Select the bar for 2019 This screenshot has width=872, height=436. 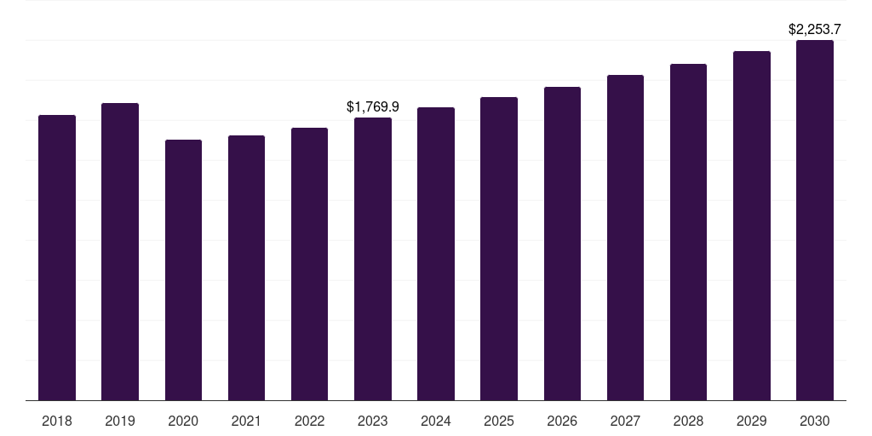point(120,251)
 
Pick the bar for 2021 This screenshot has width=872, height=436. point(246,267)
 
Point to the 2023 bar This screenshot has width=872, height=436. point(373,259)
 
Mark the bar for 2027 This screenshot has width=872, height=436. point(625,238)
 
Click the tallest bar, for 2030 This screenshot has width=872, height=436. point(815,220)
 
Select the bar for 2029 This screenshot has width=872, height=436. point(752,226)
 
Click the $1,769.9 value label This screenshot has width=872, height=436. point(373,106)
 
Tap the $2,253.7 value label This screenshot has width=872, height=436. point(815,30)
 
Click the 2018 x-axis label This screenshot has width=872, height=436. point(57,421)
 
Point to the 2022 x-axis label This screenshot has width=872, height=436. point(309,421)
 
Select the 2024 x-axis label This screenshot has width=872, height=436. point(436,421)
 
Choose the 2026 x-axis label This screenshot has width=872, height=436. point(562,421)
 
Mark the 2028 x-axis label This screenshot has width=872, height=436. point(688,421)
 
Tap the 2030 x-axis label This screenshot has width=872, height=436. point(815,421)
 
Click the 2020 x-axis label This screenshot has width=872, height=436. point(183,421)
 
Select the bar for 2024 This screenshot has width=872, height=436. point(436,254)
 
